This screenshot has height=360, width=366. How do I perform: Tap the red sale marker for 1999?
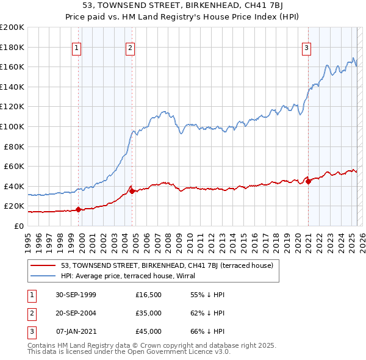tap(79, 209)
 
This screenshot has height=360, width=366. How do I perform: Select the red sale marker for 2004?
tap(132, 191)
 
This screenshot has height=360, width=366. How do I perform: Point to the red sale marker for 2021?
tap(308, 181)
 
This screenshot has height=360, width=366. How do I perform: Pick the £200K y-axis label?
tap(12, 27)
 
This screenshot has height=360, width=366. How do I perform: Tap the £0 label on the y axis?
tap(18, 226)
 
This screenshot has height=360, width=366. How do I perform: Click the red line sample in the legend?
tap(43, 265)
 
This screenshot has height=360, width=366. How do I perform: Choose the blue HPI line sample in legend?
tap(43, 275)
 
